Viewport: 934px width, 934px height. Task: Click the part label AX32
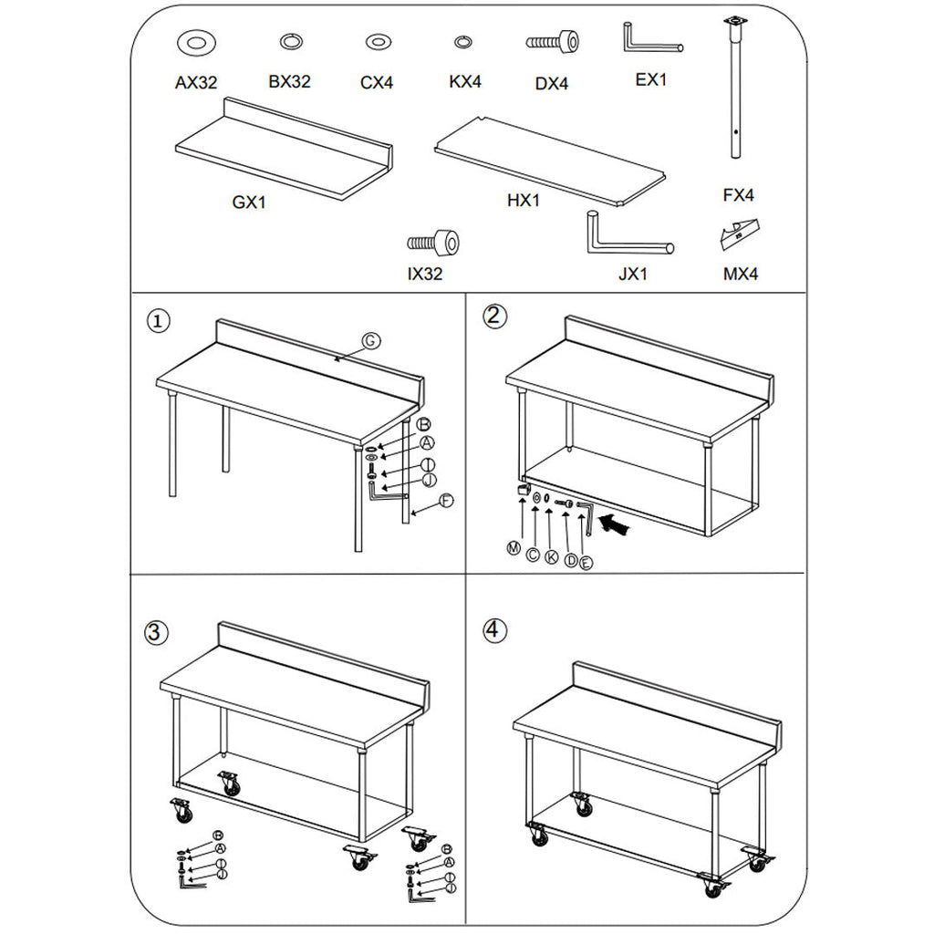(196, 82)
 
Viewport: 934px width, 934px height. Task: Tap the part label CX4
(377, 82)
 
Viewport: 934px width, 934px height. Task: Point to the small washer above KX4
(463, 41)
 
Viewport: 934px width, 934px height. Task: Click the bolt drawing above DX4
(552, 42)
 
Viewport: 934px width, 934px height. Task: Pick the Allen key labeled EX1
(650, 40)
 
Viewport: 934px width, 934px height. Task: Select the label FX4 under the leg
(738, 195)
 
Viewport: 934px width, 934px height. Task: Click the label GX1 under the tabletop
(248, 202)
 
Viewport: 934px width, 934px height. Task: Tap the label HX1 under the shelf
(524, 201)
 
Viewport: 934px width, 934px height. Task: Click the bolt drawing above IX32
(433, 243)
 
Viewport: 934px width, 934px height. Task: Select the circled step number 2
(493, 316)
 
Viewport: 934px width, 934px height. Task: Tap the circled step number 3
(157, 631)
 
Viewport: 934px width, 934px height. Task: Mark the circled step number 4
(493, 629)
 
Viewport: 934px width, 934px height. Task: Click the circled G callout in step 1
(369, 340)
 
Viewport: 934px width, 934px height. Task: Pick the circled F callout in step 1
(446, 500)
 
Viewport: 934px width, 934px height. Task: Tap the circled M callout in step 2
(514, 547)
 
